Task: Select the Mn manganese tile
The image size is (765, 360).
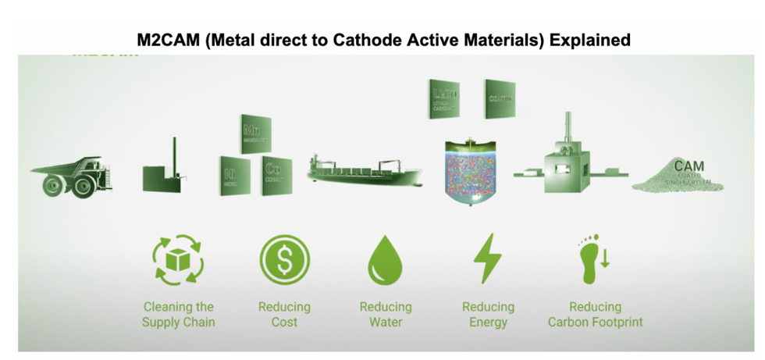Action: point(254,134)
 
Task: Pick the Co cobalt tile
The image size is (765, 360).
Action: point(276,176)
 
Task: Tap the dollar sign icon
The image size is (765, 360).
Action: point(284,260)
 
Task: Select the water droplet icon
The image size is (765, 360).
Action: point(385,260)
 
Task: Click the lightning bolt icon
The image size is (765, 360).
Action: point(488,258)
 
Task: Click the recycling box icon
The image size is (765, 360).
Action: point(178,260)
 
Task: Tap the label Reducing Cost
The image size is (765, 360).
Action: point(284,314)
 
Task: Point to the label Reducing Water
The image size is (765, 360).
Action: point(385,314)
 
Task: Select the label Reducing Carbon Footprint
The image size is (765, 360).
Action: point(595,314)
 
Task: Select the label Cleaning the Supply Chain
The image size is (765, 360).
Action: point(178,314)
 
